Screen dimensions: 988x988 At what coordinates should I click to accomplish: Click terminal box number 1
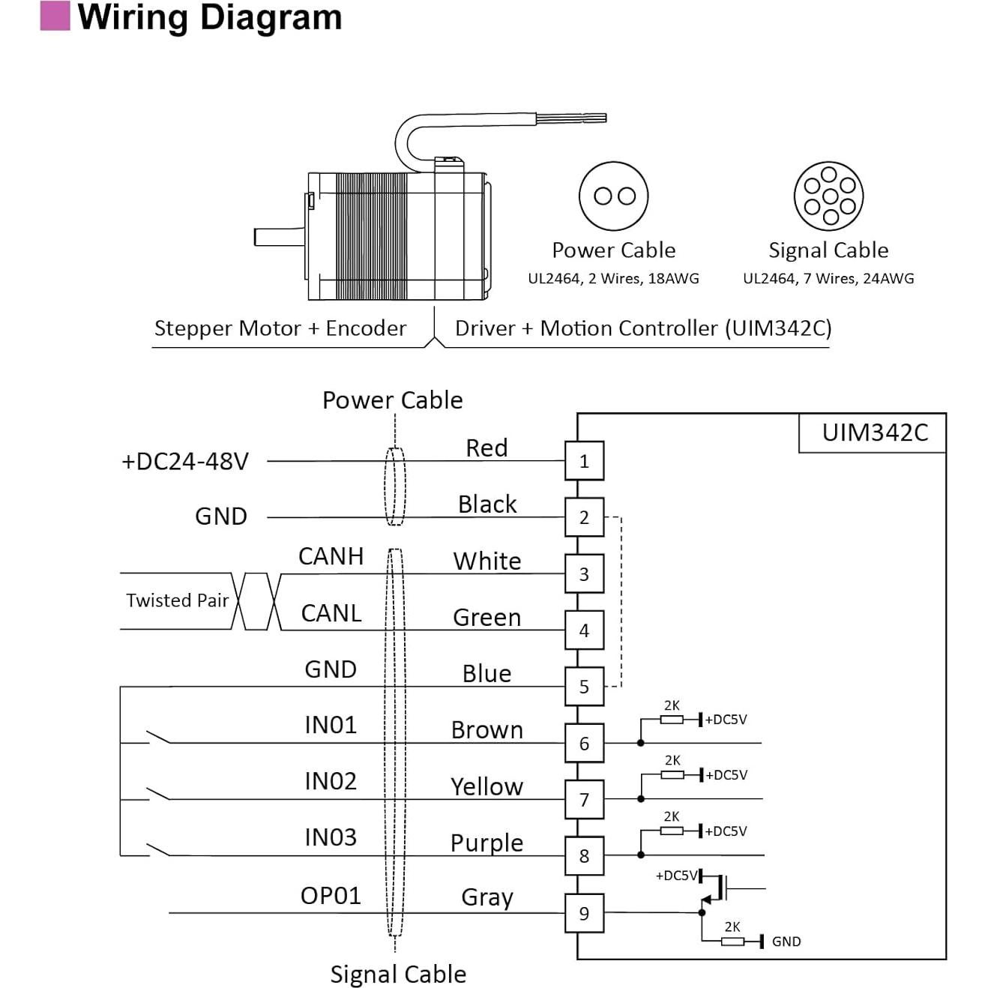584,461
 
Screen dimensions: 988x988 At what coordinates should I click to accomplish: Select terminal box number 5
584,687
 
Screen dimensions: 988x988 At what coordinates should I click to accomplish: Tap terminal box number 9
584,913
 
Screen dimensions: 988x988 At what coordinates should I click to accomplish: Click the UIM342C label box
874,433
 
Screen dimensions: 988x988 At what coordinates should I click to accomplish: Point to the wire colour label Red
487,448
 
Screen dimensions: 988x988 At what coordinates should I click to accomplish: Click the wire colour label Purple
487,843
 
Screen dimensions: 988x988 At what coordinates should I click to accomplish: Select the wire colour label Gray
487,897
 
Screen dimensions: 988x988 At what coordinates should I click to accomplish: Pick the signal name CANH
331,556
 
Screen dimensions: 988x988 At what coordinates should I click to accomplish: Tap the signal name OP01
331,896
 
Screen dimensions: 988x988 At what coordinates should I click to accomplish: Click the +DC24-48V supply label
184,461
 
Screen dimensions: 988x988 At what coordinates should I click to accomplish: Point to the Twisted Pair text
177,600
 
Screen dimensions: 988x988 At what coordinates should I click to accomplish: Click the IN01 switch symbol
157,738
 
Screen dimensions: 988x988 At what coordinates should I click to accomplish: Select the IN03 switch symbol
157,850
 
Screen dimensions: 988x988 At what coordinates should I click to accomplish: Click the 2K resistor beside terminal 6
671,720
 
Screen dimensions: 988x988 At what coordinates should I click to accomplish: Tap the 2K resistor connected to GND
732,941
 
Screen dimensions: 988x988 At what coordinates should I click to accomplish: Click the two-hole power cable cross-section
614,196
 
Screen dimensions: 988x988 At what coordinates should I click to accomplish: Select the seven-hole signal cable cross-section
828,196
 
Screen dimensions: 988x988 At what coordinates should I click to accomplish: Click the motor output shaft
279,237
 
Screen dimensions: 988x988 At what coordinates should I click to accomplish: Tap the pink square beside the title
55,16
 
